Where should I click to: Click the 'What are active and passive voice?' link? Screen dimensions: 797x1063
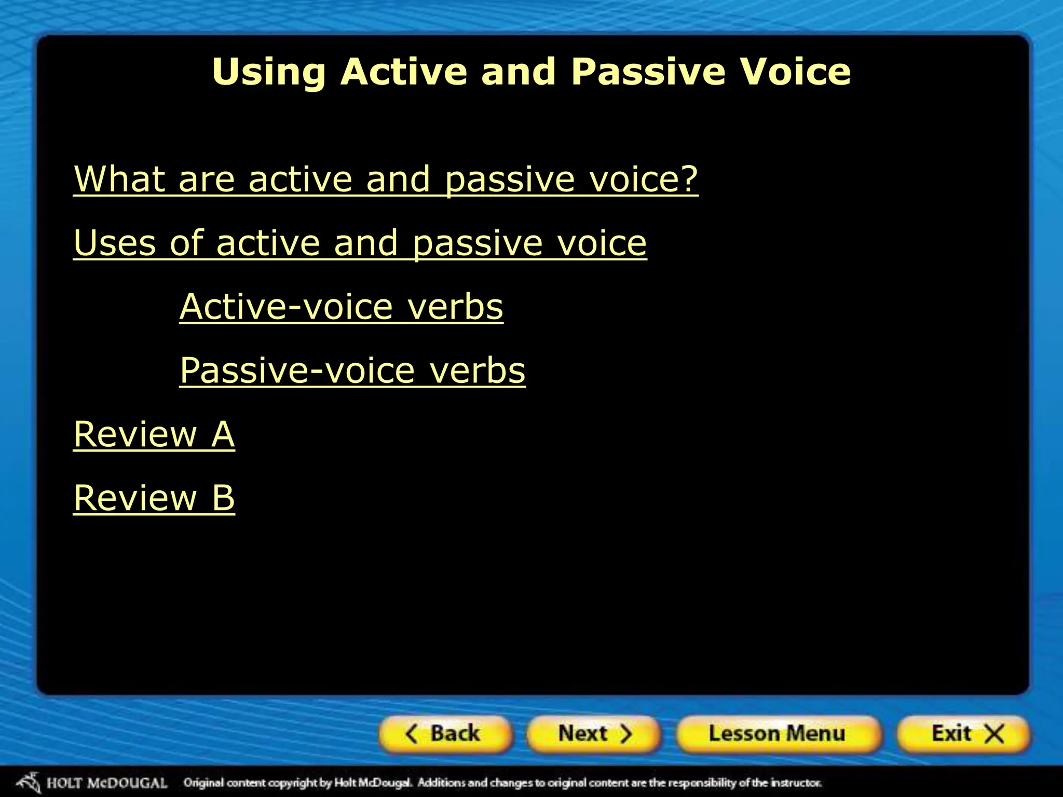tap(386, 179)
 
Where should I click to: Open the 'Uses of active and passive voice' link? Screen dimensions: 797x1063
tap(360, 243)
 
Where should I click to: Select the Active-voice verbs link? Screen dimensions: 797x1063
tap(341, 307)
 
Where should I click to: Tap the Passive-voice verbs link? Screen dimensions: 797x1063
tap(352, 370)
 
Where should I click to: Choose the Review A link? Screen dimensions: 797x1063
tap(154, 434)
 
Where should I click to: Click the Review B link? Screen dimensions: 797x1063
tap(154, 498)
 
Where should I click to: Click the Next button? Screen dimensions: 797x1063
tap(594, 734)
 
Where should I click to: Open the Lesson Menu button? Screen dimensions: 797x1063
tap(777, 734)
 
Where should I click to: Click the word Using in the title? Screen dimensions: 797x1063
tap(269, 73)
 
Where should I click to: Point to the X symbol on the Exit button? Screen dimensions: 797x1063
tap(994, 734)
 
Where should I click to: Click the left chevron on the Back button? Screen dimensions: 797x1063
tap(411, 734)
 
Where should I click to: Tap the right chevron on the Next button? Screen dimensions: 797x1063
tap(626, 734)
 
